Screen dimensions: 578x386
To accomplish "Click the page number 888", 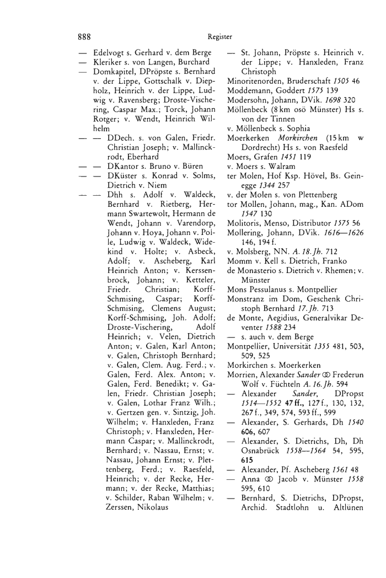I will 84,38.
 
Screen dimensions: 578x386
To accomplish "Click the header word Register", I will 221,38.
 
